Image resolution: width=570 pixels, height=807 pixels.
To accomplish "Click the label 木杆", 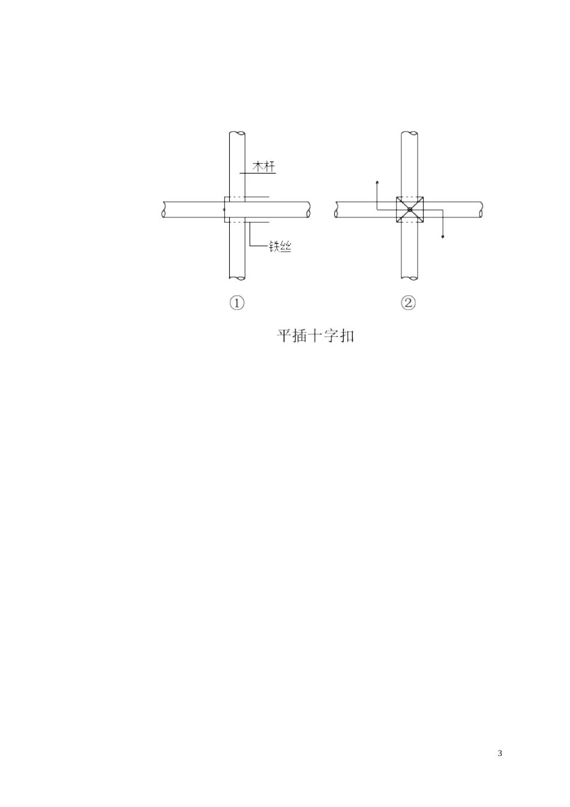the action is click(x=264, y=166).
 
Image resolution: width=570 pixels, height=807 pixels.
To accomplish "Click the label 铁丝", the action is click(x=280, y=246).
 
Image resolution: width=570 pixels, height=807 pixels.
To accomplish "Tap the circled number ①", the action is click(x=237, y=303).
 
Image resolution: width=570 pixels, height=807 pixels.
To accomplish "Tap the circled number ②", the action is click(x=408, y=303).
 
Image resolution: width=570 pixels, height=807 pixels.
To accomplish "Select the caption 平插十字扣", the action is click(x=316, y=336).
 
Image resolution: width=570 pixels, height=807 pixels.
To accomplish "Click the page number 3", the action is click(x=500, y=754).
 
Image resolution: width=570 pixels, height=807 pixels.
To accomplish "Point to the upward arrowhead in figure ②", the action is click(x=377, y=183).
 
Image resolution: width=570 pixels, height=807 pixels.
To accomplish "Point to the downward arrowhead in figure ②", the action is click(x=443, y=237).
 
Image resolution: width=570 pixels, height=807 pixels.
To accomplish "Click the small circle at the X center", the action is click(x=410, y=210).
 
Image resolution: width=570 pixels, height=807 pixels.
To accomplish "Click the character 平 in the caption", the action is click(x=284, y=336).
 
